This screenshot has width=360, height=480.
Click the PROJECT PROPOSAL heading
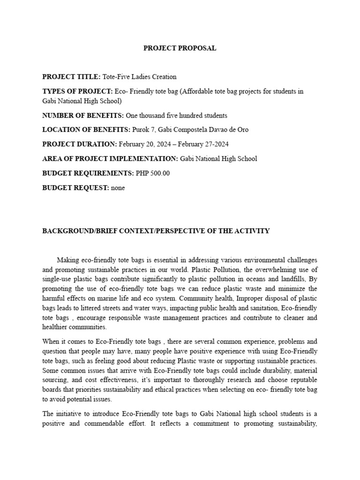(180, 48)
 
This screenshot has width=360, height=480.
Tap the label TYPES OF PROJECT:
(77, 91)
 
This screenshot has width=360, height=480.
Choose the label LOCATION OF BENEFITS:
(84, 130)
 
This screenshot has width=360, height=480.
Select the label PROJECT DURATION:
(80, 144)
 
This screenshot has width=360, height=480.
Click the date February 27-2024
(203, 144)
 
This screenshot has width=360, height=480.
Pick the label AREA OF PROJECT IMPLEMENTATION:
(110, 158)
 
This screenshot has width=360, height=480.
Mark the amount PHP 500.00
(153, 173)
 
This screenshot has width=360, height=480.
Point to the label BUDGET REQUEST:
(75, 187)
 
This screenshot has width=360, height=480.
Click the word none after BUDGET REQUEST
(118, 187)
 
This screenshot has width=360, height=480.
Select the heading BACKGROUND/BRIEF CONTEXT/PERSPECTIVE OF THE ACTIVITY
(156, 231)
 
